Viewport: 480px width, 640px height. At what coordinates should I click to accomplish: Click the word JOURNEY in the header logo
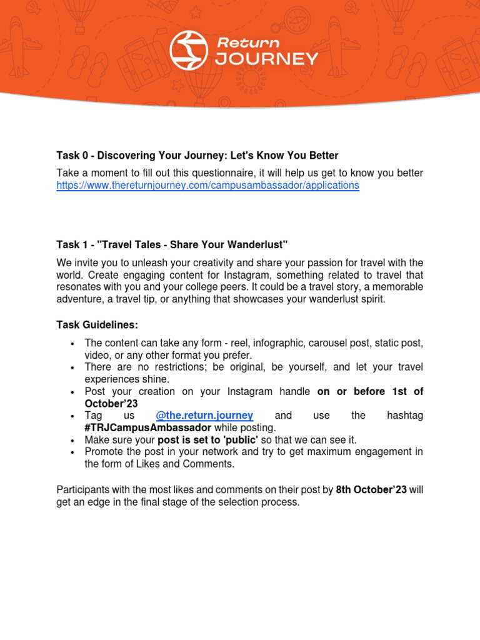[267, 59]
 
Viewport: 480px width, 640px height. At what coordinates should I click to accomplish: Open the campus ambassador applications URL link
[207, 186]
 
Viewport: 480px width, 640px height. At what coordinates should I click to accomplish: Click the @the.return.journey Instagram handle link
[204, 416]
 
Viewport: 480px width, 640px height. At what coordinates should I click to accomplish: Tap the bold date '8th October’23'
[371, 489]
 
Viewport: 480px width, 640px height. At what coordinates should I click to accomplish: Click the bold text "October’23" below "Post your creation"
[111, 404]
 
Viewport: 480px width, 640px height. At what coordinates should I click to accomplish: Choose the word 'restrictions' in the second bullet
[176, 367]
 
